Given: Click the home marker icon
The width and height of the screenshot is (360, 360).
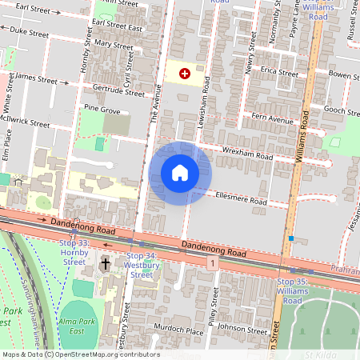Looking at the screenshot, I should click(x=180, y=173).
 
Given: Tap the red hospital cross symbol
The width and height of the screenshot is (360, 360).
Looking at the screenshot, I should click(x=185, y=74).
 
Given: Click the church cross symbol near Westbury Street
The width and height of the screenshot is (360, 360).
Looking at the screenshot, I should click(x=105, y=264).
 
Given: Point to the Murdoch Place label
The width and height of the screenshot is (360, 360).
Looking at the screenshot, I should click(x=179, y=330).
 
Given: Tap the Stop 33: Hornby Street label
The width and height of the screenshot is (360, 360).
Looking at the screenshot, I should click(x=74, y=251).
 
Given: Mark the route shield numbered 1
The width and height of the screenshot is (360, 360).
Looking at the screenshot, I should click(x=211, y=262).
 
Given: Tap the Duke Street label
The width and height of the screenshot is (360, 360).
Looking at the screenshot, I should click(x=29, y=34).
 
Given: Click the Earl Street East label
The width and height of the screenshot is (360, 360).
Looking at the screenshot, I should click(x=117, y=28).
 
